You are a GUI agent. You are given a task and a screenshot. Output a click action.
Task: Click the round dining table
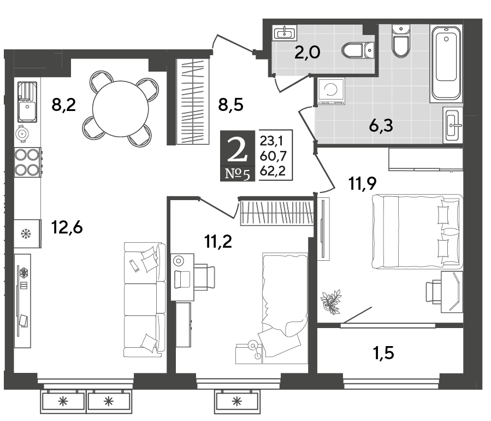(x=121, y=109)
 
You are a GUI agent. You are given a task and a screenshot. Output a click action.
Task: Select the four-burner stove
(x=27, y=162)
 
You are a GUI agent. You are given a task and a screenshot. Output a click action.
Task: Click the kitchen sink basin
(x=27, y=110)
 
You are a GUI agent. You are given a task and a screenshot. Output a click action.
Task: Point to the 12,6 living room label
(x=67, y=227)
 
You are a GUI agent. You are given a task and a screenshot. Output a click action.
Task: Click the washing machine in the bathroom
(x=331, y=91)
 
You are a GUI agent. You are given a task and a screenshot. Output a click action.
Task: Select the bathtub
(x=446, y=62)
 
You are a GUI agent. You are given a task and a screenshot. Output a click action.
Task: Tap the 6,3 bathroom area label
(x=381, y=126)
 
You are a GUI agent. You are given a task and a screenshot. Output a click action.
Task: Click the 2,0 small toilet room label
(x=307, y=52)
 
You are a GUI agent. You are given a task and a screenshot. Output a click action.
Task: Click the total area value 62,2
(x=273, y=171)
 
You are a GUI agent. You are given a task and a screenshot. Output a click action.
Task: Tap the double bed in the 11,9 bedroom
(x=417, y=232)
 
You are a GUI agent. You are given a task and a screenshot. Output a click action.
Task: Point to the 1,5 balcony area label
(x=383, y=353)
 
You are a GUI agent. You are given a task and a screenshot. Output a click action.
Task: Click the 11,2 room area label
(x=218, y=242)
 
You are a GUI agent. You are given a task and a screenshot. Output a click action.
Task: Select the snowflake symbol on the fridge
(x=25, y=234)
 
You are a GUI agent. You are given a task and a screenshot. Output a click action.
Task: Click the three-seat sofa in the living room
(x=145, y=300)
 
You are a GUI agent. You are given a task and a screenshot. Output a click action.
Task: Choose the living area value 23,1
(x=271, y=142)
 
